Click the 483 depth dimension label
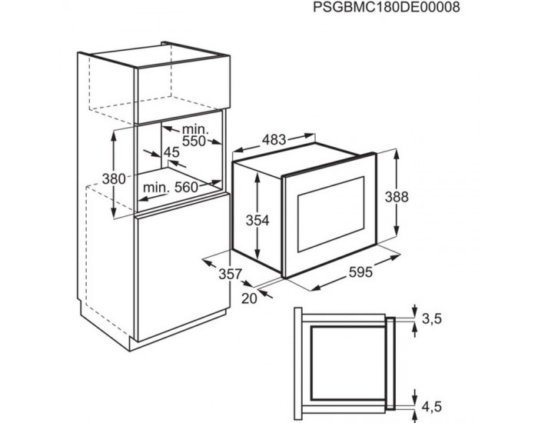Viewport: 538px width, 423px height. (273, 140)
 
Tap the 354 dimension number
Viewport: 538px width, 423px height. (257, 221)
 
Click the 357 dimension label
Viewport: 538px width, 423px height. (230, 274)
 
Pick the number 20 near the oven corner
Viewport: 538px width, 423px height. (247, 299)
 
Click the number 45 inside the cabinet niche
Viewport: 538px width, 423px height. (171, 152)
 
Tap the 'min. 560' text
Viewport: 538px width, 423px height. (170, 186)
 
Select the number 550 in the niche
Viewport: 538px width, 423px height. (194, 142)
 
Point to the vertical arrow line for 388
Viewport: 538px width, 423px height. (397, 196)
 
